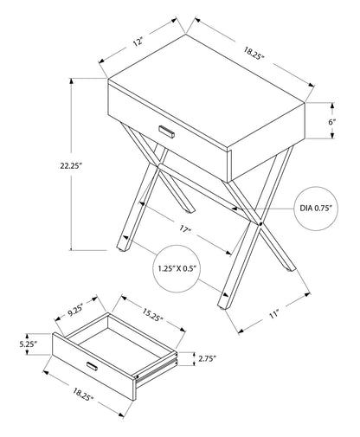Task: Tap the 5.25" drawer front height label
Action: coord(29,344)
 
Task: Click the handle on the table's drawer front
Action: coord(167,131)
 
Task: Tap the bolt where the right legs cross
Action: coord(259,227)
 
